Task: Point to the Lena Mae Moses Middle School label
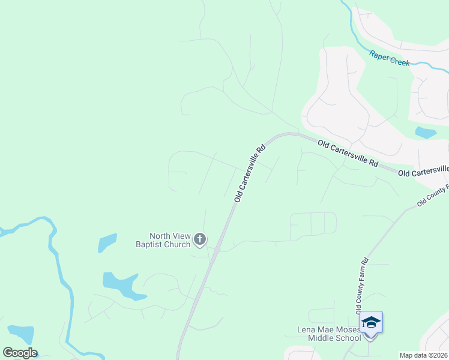click(x=329, y=334)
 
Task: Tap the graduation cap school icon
click(x=371, y=323)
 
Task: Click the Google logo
click(x=20, y=353)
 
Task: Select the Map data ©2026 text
click(x=424, y=355)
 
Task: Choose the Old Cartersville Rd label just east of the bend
click(x=348, y=154)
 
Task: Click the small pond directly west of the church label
click(x=107, y=242)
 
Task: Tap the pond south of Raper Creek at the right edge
click(x=425, y=133)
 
